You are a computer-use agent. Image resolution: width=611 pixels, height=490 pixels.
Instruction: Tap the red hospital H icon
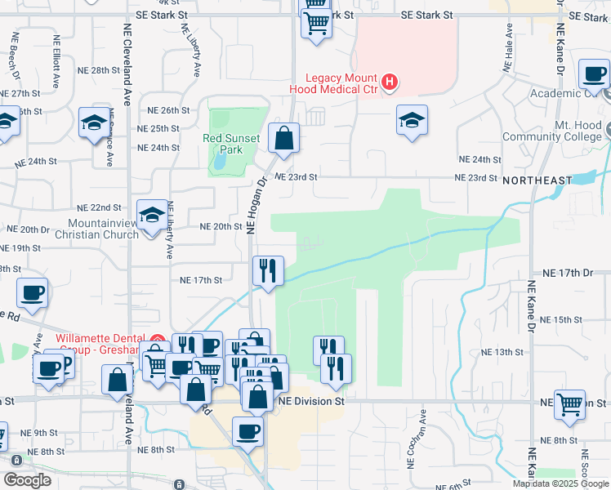390,82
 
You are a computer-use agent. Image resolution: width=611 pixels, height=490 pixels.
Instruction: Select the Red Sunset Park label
232,144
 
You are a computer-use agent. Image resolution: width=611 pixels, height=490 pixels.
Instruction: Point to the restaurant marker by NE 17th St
268,271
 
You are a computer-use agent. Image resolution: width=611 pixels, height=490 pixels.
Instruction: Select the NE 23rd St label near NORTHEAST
475,178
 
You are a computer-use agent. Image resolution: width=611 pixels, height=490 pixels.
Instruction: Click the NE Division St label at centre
312,402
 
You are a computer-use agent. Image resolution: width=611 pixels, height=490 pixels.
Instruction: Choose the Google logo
27,480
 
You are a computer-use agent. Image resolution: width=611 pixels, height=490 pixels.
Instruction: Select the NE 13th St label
502,352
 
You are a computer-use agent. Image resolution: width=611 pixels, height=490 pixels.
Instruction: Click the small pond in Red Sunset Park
220,160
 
